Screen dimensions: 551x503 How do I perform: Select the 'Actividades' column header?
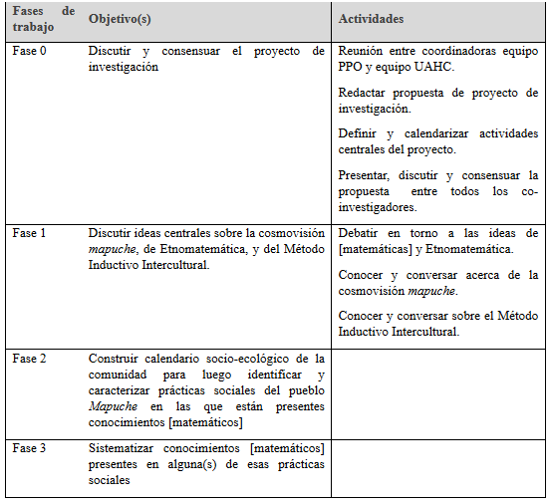click(371, 20)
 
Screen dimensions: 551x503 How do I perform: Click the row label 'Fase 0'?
click(30, 50)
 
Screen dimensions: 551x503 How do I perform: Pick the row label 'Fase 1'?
click(30, 233)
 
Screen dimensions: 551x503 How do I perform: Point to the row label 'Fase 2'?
click(30, 359)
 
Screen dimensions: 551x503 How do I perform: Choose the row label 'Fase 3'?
click(30, 449)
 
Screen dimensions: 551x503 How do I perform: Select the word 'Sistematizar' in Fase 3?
click(123, 449)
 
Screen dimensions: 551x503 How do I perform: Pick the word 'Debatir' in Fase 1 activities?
click(361, 233)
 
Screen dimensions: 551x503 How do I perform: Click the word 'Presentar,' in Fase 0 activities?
click(367, 174)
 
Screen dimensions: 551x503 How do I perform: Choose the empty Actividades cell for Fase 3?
click(437, 466)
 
